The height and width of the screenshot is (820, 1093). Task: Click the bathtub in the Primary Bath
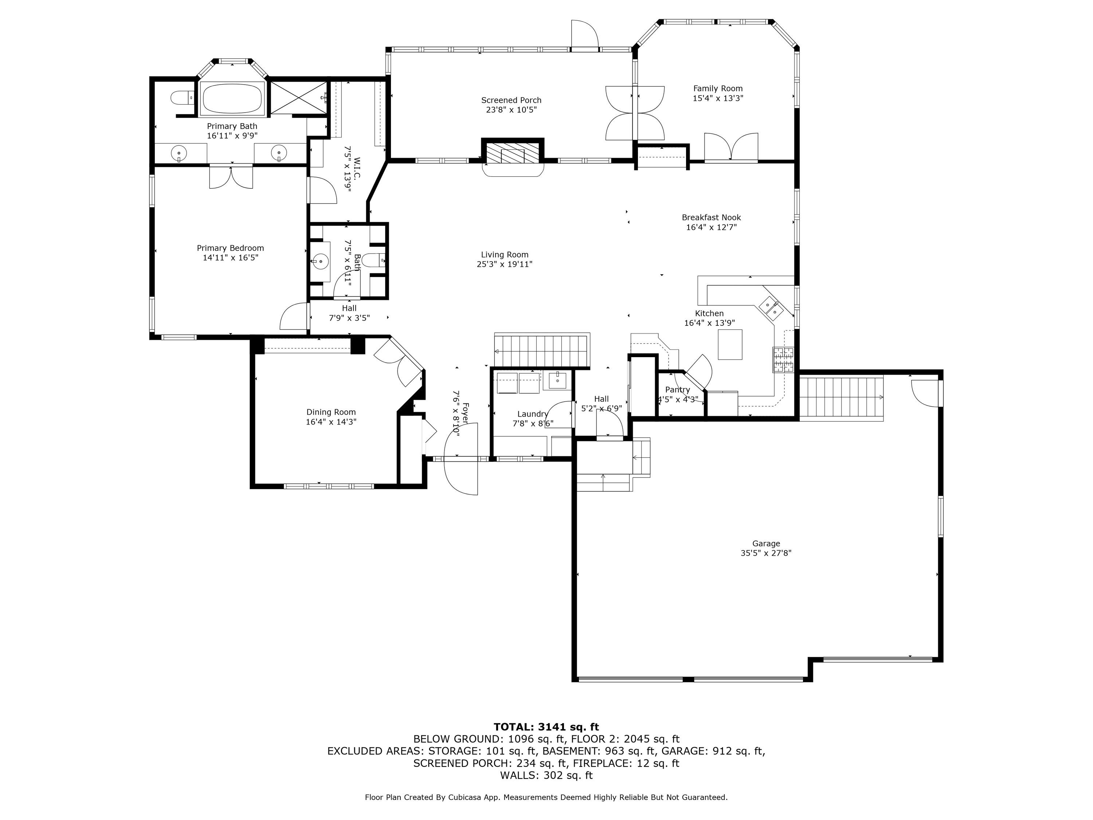click(232, 98)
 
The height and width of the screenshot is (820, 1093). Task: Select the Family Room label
click(717, 89)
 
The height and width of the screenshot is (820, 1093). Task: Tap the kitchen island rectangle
click(730, 344)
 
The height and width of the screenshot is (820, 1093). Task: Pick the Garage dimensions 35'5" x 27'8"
click(766, 553)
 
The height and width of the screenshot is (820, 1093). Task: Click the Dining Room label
click(331, 412)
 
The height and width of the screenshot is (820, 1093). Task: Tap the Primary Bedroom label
click(230, 248)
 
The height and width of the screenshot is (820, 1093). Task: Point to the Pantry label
click(677, 390)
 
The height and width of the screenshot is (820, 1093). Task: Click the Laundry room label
click(533, 414)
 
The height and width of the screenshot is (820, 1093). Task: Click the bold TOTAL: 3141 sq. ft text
click(546, 727)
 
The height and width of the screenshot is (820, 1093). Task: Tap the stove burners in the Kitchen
click(783, 360)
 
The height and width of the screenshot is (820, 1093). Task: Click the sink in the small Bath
click(320, 261)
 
